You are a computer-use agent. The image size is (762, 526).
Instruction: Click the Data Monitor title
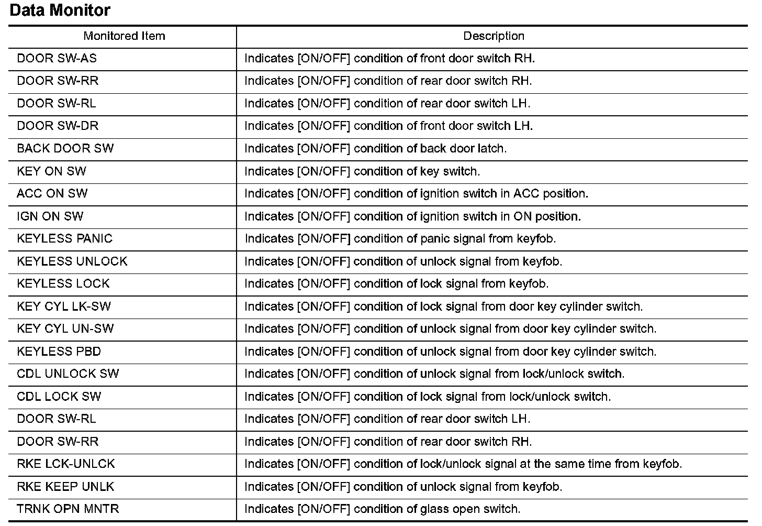[x=60, y=10]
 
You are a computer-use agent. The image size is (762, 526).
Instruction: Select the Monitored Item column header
[x=124, y=36]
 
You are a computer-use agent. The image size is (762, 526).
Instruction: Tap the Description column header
[x=494, y=36]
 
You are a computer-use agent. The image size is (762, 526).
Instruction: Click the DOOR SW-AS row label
[x=57, y=58]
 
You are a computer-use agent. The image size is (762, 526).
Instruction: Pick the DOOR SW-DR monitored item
[x=58, y=126]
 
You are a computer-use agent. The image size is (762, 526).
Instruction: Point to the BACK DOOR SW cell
[x=65, y=148]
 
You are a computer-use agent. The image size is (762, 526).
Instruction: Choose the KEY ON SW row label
[x=51, y=171]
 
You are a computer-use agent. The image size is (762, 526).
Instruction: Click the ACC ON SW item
[x=52, y=194]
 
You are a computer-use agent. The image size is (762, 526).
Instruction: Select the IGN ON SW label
[x=50, y=216]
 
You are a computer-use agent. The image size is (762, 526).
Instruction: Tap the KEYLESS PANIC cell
[x=64, y=239]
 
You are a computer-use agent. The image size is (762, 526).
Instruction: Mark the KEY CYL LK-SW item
[x=64, y=306]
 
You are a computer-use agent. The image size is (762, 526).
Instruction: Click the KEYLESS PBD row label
[x=59, y=352]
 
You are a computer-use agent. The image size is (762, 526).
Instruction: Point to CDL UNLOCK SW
[x=68, y=374]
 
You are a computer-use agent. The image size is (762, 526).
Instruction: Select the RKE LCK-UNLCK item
[x=65, y=464]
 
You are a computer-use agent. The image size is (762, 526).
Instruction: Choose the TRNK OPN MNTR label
[x=68, y=509]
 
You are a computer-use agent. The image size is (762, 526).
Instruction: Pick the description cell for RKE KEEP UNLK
[x=403, y=487]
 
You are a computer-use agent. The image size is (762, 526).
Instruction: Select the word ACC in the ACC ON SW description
[x=526, y=194]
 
